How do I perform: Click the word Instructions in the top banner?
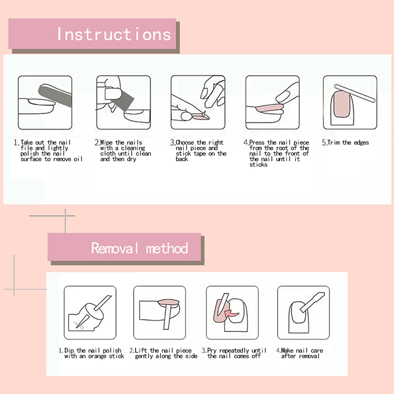point(114,34)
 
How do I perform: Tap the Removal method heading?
point(139,248)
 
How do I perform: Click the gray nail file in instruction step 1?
point(55,95)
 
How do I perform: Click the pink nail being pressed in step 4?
point(269,108)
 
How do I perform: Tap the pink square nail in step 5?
point(342,104)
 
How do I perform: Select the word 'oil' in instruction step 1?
point(78,159)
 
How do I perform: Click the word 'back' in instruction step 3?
point(182,159)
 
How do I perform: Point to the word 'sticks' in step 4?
point(258,164)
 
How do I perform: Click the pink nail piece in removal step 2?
point(168,302)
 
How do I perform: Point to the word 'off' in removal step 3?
point(256,356)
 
